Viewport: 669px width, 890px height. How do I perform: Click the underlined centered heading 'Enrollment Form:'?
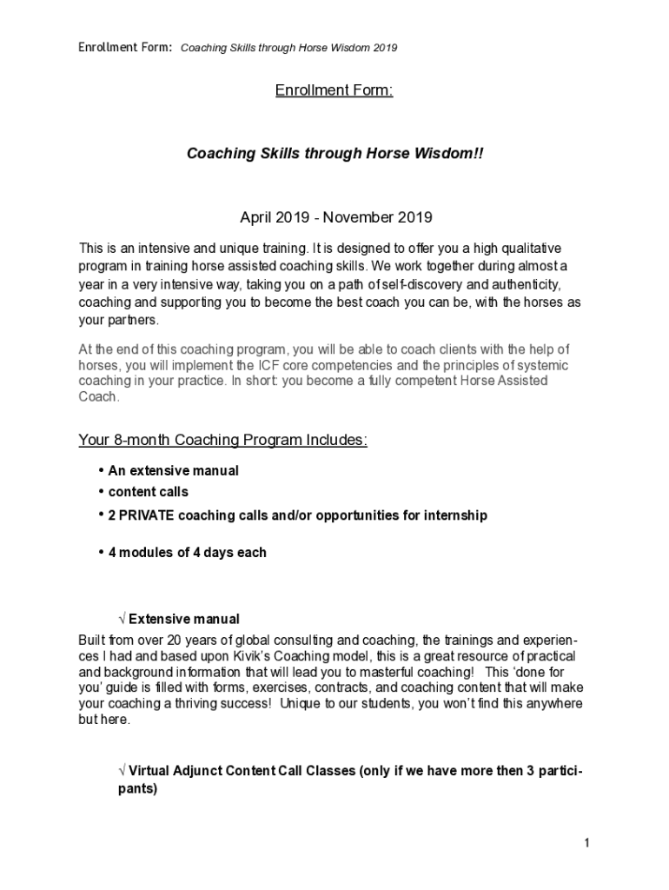334,90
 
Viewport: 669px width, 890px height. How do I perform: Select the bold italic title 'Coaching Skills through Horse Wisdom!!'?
334,153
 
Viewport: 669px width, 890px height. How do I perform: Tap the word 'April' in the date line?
256,216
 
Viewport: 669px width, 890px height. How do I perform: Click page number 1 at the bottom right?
587,844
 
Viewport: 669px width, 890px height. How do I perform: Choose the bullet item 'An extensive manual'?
173,470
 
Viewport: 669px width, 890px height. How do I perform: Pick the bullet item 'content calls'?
148,492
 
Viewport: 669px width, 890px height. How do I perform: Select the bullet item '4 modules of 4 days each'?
187,552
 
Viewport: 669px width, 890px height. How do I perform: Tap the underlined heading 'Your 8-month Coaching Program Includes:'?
223,440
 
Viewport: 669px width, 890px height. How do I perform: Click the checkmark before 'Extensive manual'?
122,620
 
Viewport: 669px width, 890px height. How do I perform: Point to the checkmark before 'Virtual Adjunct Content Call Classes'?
122,772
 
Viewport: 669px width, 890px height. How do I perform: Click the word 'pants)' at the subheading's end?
137,790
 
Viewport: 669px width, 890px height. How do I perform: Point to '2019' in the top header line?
385,48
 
